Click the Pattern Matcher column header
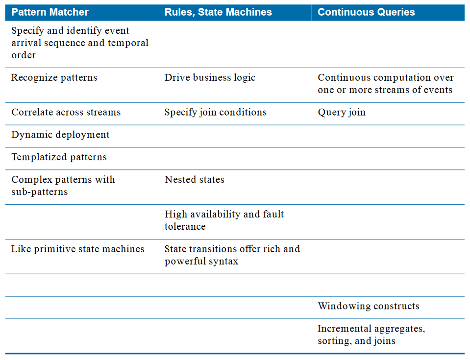click(x=50, y=12)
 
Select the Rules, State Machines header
click(x=218, y=12)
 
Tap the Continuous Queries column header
click(x=366, y=12)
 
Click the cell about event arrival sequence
click(x=80, y=43)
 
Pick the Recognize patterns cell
click(x=54, y=77)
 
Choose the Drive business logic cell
click(x=210, y=77)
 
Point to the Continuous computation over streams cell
click(x=386, y=84)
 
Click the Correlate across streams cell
click(x=66, y=112)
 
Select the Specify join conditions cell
click(x=216, y=113)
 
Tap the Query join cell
click(x=342, y=113)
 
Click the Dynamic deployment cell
click(x=60, y=135)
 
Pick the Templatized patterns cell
click(x=59, y=157)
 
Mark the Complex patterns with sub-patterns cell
click(x=63, y=186)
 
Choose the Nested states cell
click(x=194, y=180)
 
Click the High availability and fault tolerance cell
click(x=224, y=220)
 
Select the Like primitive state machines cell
click(x=77, y=249)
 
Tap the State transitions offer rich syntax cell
click(x=232, y=255)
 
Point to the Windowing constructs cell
click(x=369, y=306)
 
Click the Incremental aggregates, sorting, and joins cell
click(x=371, y=335)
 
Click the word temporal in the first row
click(x=128, y=43)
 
